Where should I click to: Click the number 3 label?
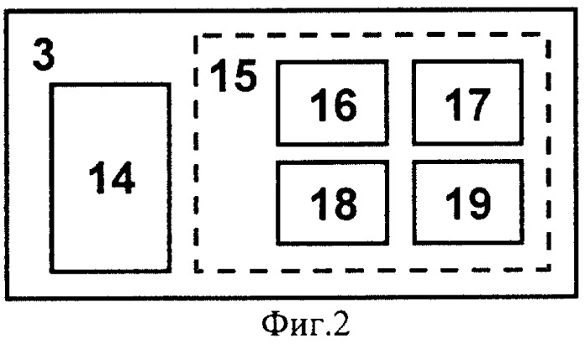pos(44,54)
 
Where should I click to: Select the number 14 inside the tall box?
pos(111,177)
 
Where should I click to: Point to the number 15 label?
pos(233,75)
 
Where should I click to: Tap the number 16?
pos(333,105)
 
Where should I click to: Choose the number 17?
pos(468,105)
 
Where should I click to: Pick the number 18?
pos(333,203)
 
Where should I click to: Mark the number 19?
pos(468,203)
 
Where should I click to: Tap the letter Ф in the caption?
pos(274,323)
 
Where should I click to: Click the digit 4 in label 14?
pos(122,177)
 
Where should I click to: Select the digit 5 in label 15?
pos(245,75)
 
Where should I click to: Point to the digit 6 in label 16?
pos(345,105)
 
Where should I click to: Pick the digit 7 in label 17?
pos(479,105)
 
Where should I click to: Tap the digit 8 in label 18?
pos(345,203)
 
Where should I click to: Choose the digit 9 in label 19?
pos(479,203)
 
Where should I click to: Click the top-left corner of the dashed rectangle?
pos(196,36)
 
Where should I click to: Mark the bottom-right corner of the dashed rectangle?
pos(548,269)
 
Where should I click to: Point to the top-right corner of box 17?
pos(521,62)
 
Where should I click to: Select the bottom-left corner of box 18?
pos(279,244)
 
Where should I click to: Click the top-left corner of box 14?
pos(52,85)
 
